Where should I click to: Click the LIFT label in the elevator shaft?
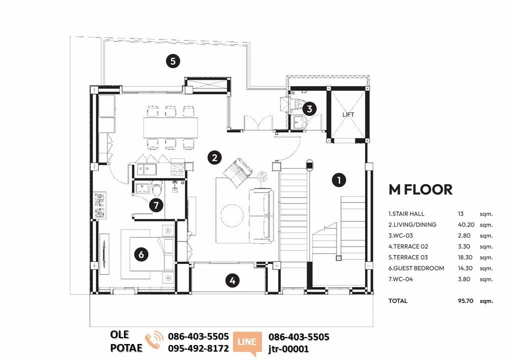coord(348,114)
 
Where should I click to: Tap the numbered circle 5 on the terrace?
coord(173,61)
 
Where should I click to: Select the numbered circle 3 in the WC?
coord(309,108)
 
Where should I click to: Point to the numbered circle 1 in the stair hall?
coord(339,180)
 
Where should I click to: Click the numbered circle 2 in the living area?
coord(214,158)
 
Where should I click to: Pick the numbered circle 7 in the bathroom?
coord(156,205)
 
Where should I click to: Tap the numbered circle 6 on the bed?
coord(141,254)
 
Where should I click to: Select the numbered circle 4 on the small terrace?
coord(232,280)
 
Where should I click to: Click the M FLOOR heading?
coord(420,190)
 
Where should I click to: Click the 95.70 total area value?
coord(465,301)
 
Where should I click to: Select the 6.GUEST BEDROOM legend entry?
coord(416,268)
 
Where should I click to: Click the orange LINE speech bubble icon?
coord(247,343)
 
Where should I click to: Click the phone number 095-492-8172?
coord(198,348)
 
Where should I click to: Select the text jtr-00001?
coord(288,349)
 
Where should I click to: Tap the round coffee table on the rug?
coord(232,215)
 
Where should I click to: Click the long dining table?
coord(170,127)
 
